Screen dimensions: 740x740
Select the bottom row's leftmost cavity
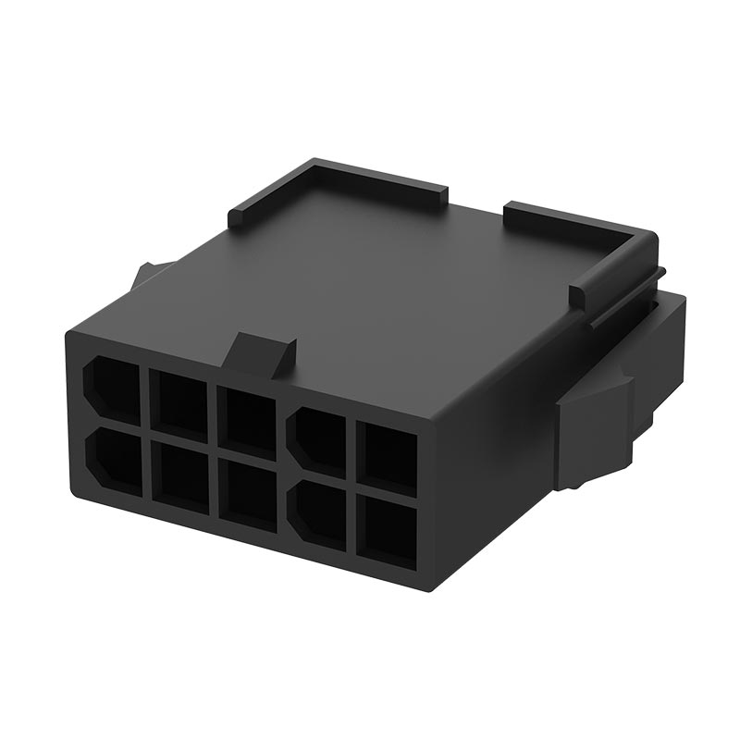coord(115,459)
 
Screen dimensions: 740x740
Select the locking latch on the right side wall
coord(592,425)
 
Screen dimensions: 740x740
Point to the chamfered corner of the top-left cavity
coord(92,370)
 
